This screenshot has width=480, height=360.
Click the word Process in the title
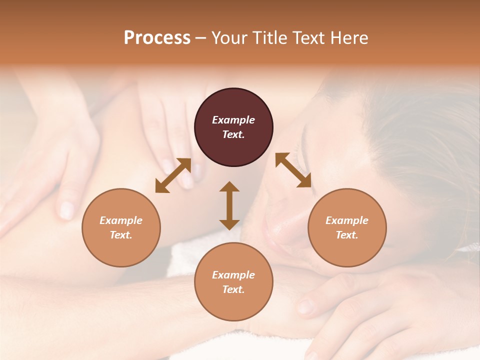[x=157, y=38]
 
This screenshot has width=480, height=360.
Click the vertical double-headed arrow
[x=229, y=205]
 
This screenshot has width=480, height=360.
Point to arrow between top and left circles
[x=173, y=175]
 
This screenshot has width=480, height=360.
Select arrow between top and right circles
[x=293, y=170]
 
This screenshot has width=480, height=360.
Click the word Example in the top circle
[x=233, y=120]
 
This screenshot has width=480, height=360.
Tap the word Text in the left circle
[x=121, y=235]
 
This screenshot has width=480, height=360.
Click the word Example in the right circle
[x=347, y=220]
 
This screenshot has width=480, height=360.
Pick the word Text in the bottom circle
[x=233, y=289]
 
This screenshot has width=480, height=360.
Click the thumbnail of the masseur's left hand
[x=66, y=210]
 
